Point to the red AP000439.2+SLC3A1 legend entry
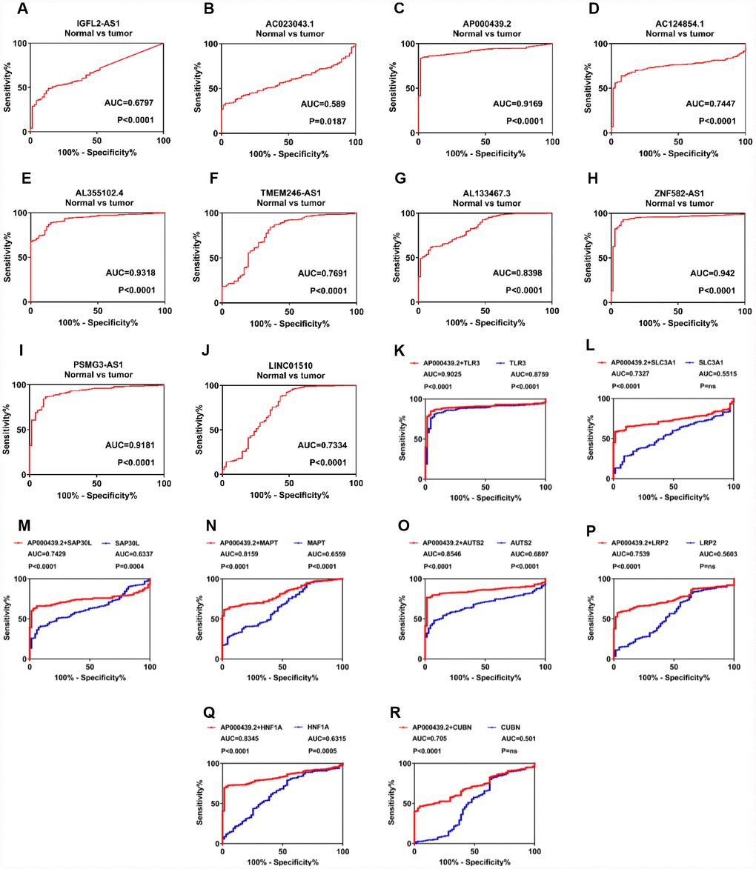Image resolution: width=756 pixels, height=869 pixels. click(643, 364)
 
